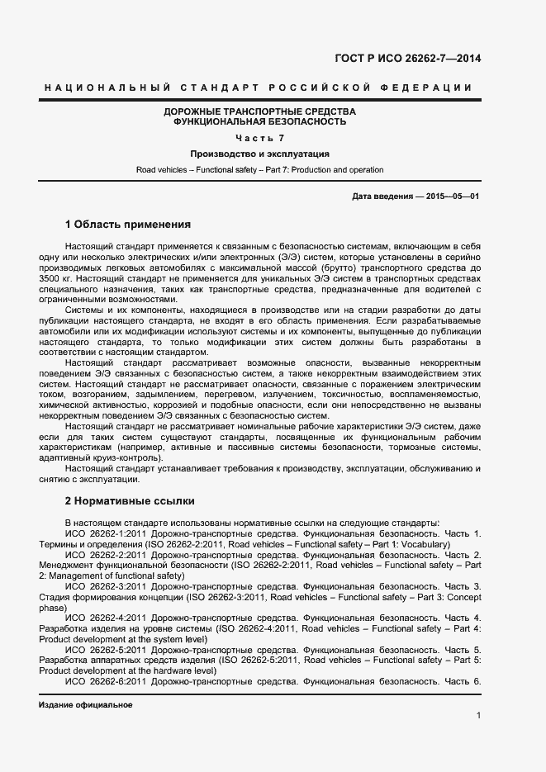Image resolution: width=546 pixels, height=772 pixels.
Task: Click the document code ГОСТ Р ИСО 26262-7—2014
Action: click(407, 59)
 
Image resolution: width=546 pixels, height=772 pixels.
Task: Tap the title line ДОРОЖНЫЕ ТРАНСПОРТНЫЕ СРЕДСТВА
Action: click(260, 111)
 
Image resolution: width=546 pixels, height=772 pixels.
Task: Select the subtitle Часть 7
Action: click(260, 137)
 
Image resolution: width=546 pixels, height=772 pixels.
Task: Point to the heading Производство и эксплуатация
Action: click(260, 154)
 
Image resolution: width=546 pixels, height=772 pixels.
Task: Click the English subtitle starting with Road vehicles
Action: click(260, 170)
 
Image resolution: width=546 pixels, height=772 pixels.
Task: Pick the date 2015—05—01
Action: click(453, 197)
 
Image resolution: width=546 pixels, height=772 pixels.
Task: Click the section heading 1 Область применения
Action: click(128, 225)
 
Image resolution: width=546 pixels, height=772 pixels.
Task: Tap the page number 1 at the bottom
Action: click(478, 715)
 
